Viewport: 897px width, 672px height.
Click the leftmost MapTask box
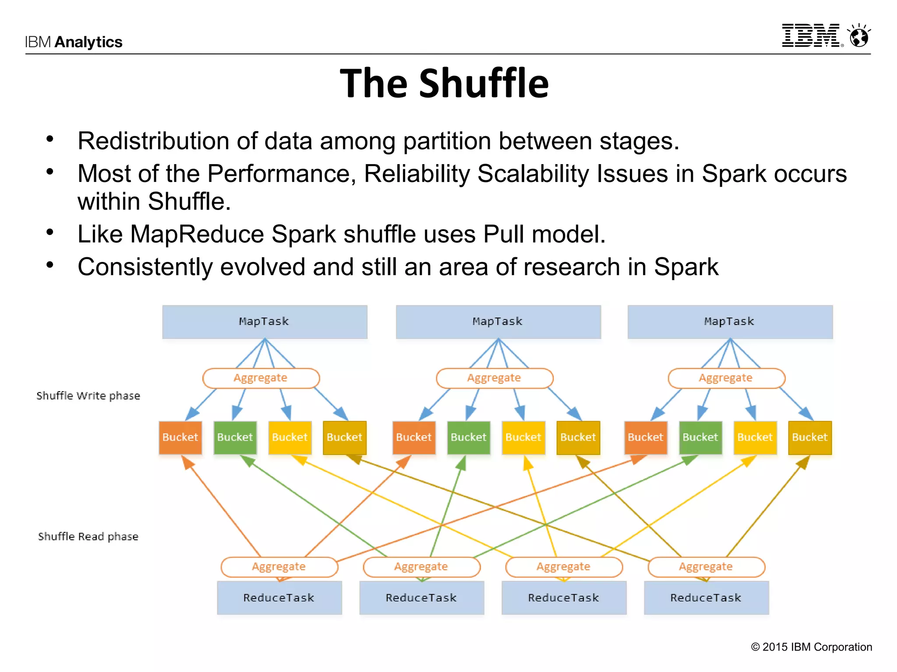(x=265, y=322)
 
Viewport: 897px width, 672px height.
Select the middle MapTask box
(x=498, y=322)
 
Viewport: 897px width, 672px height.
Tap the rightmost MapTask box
(x=730, y=322)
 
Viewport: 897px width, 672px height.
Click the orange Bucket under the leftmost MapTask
(x=180, y=437)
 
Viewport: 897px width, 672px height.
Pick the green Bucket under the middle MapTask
(x=468, y=437)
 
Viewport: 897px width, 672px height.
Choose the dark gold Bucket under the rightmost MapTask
(x=809, y=437)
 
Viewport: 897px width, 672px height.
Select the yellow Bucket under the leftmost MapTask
(x=290, y=437)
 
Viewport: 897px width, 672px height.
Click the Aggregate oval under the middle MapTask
(x=494, y=378)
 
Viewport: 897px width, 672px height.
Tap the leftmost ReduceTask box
(x=279, y=598)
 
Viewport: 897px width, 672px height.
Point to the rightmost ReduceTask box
(x=706, y=598)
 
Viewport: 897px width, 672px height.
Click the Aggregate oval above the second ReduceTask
(x=421, y=567)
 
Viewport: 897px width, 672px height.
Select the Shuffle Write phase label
(x=88, y=396)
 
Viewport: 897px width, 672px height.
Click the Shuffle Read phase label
(x=88, y=537)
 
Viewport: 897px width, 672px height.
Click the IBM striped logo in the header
(x=811, y=35)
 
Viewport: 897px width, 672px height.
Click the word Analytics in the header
(x=88, y=42)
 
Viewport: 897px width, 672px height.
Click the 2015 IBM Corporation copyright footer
(x=811, y=647)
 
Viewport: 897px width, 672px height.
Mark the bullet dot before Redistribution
(x=50, y=139)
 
